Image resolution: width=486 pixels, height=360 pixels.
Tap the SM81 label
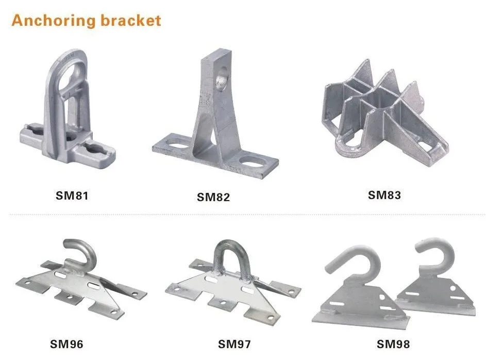[x=72, y=195]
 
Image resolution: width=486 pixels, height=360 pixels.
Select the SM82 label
[x=213, y=197]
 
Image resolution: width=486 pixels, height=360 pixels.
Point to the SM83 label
[x=384, y=195]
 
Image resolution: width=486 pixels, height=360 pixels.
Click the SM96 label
[x=66, y=344]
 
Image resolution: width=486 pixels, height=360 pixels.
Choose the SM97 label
[x=234, y=344]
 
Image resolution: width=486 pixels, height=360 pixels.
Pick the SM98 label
[x=393, y=344]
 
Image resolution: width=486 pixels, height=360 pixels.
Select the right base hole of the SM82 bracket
[x=254, y=161]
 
